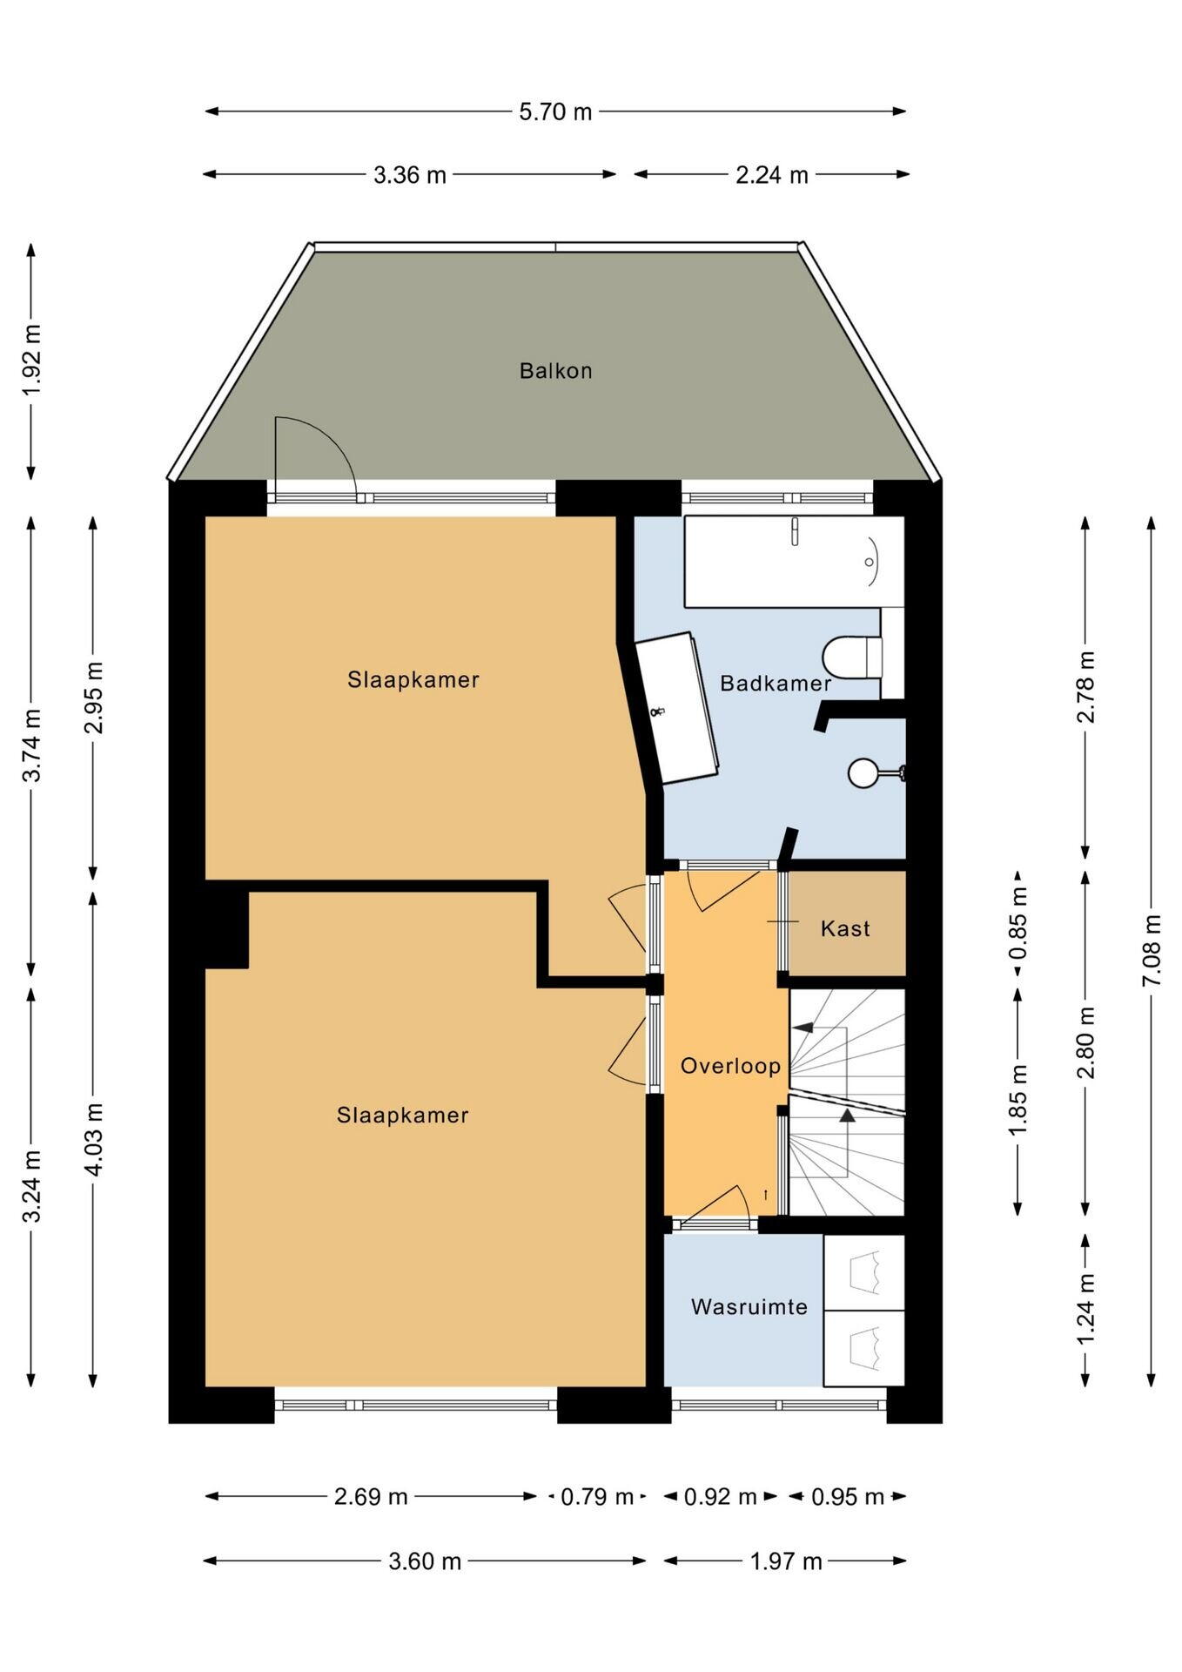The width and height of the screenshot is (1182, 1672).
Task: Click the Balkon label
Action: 555,371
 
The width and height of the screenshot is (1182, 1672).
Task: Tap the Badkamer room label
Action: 775,684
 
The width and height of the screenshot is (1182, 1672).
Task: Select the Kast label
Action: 845,928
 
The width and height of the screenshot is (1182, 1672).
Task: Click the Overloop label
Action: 730,1066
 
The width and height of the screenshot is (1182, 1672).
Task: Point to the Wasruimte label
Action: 749,1307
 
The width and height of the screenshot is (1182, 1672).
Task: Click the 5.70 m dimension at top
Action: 555,111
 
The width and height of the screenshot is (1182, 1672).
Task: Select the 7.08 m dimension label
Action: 1152,950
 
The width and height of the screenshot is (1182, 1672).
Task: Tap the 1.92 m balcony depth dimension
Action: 31,361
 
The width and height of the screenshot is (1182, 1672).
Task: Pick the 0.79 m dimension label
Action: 597,1497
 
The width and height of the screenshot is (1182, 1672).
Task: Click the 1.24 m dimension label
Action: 1085,1309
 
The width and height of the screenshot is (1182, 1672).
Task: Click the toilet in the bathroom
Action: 853,656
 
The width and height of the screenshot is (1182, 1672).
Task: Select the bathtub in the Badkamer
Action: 794,562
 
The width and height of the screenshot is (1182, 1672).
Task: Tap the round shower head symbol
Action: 863,772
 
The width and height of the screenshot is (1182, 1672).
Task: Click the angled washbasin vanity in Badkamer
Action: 677,708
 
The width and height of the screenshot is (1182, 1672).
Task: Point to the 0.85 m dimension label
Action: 1018,922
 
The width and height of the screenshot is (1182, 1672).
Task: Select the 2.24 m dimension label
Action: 772,175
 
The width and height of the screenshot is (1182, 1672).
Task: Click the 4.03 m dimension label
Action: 94,1140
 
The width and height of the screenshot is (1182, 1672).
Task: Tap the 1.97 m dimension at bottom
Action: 786,1561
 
